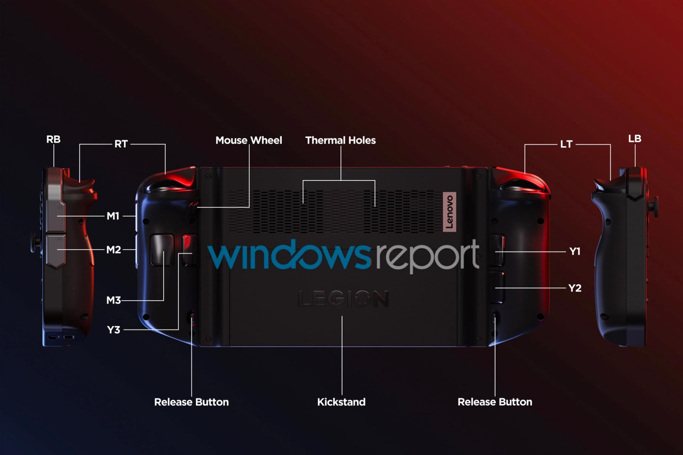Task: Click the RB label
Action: (53, 139)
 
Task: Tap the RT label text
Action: (121, 144)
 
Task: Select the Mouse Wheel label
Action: (249, 140)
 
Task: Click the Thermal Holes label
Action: (340, 140)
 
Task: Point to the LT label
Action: (566, 144)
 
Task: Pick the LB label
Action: (635, 139)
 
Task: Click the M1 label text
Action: (113, 216)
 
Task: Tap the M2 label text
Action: (114, 250)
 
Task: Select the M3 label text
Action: (114, 300)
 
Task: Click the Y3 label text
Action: (114, 330)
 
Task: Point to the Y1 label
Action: (575, 251)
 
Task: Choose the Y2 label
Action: (575, 288)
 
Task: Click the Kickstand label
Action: (341, 402)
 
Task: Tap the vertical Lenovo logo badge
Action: (449, 212)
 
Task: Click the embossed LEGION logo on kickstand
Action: (343, 299)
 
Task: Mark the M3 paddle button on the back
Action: (162, 250)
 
